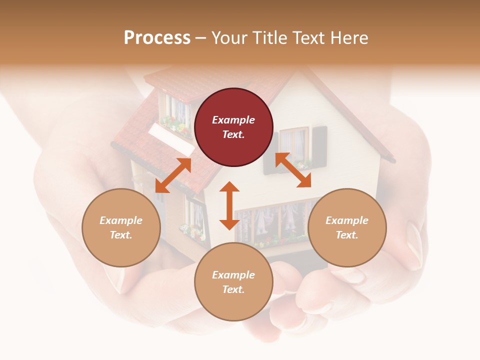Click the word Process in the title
tap(157, 38)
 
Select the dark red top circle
tap(233, 127)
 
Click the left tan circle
tap(121, 228)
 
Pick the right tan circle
tap(347, 228)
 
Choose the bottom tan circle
tap(233, 282)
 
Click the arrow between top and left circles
tap(173, 175)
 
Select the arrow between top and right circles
tap(293, 170)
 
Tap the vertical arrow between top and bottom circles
tap(229, 205)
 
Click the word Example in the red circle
tap(233, 120)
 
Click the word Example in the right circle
tap(347, 220)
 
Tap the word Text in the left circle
tap(120, 235)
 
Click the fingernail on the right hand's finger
tap(414, 240)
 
